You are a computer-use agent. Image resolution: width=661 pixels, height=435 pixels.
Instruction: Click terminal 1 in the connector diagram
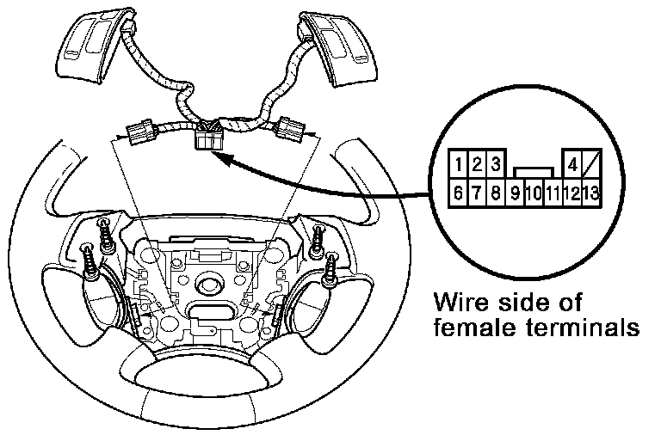click(x=461, y=163)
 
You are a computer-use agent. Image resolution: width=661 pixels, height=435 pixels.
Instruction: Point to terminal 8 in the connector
click(x=496, y=193)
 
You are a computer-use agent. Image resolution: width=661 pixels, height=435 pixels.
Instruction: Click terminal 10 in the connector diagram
click(x=533, y=193)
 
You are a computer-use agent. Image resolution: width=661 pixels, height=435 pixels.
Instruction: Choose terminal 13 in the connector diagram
click(x=590, y=193)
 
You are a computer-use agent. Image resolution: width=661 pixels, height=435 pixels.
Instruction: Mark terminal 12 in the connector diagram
click(x=571, y=193)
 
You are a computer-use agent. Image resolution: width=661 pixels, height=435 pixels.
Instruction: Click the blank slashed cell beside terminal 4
click(x=591, y=163)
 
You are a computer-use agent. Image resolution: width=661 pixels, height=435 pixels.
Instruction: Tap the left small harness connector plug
click(x=139, y=133)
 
